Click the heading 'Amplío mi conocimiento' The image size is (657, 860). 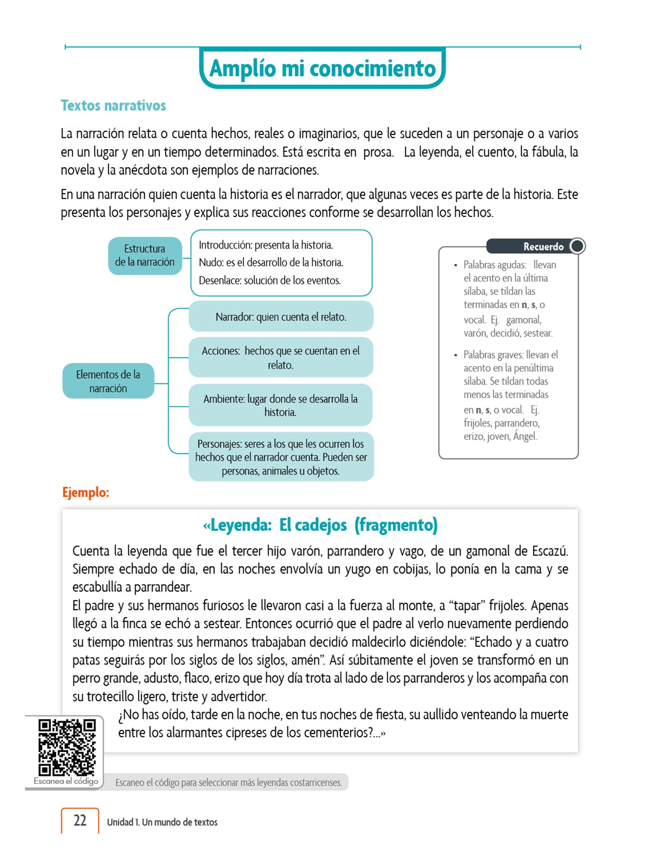pos(322,68)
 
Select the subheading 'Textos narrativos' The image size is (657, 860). pos(113,105)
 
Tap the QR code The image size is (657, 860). pos(67,747)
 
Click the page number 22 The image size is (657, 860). pos(80,820)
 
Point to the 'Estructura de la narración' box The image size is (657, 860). pos(145,255)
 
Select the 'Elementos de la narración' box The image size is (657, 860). pos(108,381)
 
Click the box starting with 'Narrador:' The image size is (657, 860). pos(281,317)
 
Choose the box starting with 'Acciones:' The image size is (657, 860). pos(281,357)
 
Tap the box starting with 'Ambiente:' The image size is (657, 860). pos(281,405)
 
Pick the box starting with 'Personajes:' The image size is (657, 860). pos(281,457)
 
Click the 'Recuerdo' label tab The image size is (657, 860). pos(543,246)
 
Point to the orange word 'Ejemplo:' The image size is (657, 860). pos(86,492)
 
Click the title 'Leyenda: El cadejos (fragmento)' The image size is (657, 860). pos(320,525)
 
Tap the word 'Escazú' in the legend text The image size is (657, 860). pos(550,551)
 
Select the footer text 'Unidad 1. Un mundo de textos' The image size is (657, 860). pos(162,822)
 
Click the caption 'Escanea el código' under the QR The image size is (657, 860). pos(66,781)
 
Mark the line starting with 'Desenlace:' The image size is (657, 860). pos(270,280)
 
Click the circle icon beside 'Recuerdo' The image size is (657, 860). pos(577,246)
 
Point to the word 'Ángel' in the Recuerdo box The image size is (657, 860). pos(525,436)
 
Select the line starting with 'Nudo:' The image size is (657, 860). pos(271,262)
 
